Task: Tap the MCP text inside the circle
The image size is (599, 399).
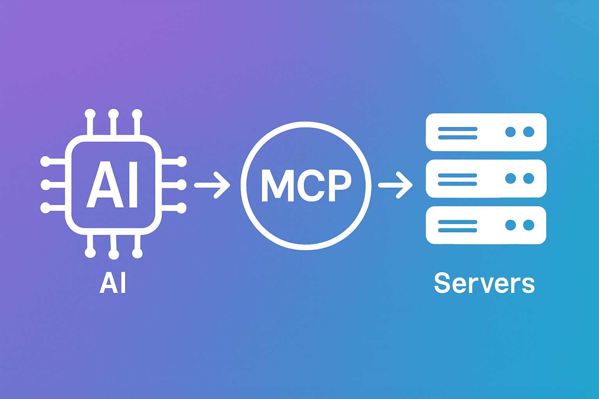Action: pos(306,185)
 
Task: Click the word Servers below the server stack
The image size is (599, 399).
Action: pos(484,283)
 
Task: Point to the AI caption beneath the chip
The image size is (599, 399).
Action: pos(113,283)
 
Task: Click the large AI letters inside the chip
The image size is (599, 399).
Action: pos(112,185)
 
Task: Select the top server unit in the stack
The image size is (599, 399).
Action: pos(486,132)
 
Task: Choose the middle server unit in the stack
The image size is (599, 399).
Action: pos(486,178)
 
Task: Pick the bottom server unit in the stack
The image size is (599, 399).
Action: pos(486,225)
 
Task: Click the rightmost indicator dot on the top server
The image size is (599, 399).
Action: pos(528,132)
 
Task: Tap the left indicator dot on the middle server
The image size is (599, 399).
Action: pos(510,178)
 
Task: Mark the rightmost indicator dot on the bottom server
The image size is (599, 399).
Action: pos(528,225)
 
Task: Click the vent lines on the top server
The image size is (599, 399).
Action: pos(457,132)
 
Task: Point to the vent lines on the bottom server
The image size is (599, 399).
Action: pos(457,226)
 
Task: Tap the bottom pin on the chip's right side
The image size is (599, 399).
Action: pos(181,208)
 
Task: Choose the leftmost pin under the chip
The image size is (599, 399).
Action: pos(90,253)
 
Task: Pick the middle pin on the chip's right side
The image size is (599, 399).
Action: pos(181,184)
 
